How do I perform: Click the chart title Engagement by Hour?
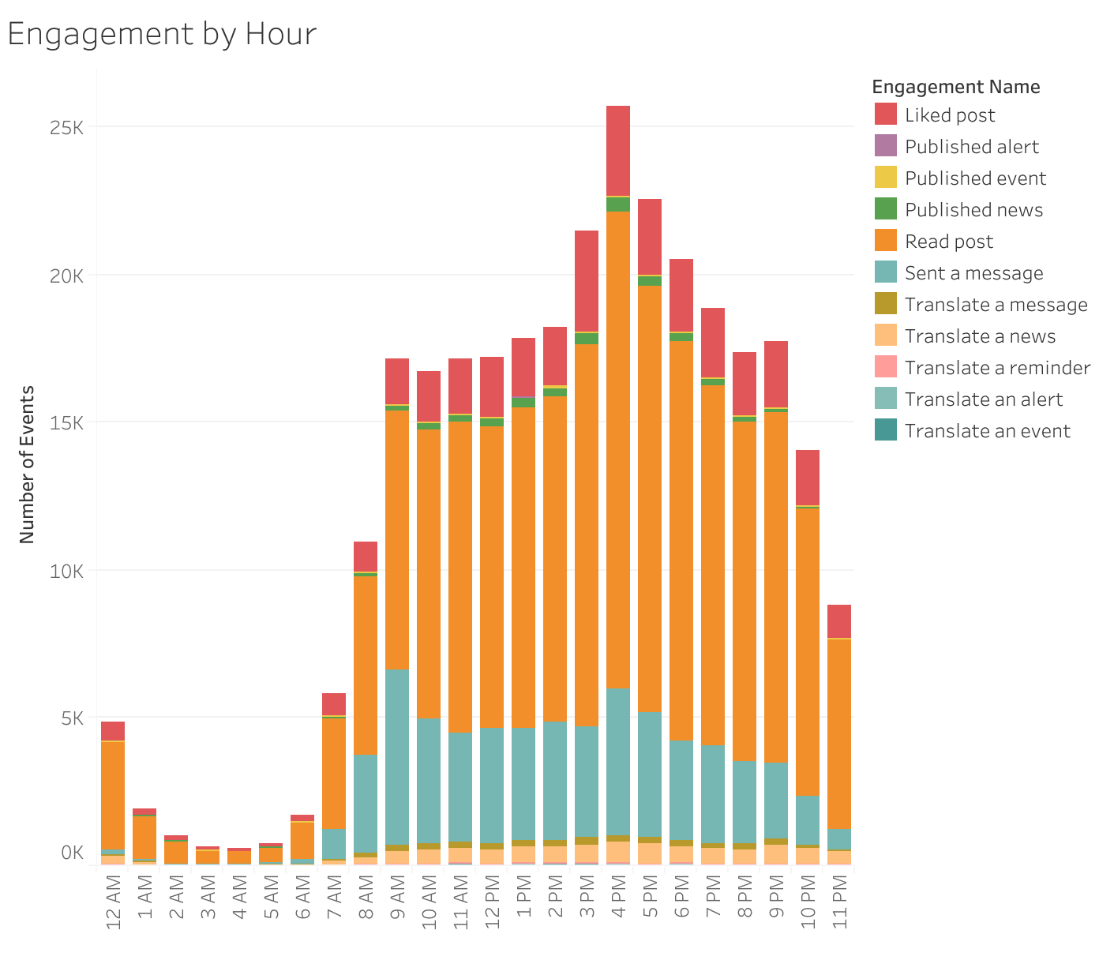click(x=162, y=34)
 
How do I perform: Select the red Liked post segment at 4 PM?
click(x=618, y=150)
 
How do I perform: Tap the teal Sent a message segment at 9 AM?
click(x=397, y=756)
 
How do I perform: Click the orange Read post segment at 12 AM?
click(x=113, y=794)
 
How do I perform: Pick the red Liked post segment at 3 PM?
click(x=587, y=280)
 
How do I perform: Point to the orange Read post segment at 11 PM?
click(x=839, y=733)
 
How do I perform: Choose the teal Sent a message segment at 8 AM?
click(x=366, y=803)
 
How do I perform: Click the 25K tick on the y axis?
click(x=66, y=127)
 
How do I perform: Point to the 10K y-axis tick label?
click(x=66, y=571)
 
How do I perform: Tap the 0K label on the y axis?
click(x=72, y=853)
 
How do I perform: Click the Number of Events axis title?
click(x=28, y=464)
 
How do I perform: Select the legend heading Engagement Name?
click(x=955, y=87)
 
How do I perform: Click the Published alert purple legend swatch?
click(x=886, y=146)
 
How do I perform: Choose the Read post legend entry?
click(x=949, y=242)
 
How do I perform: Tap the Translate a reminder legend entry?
click(x=997, y=368)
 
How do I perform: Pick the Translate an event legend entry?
click(x=987, y=431)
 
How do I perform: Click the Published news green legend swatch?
click(x=886, y=209)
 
